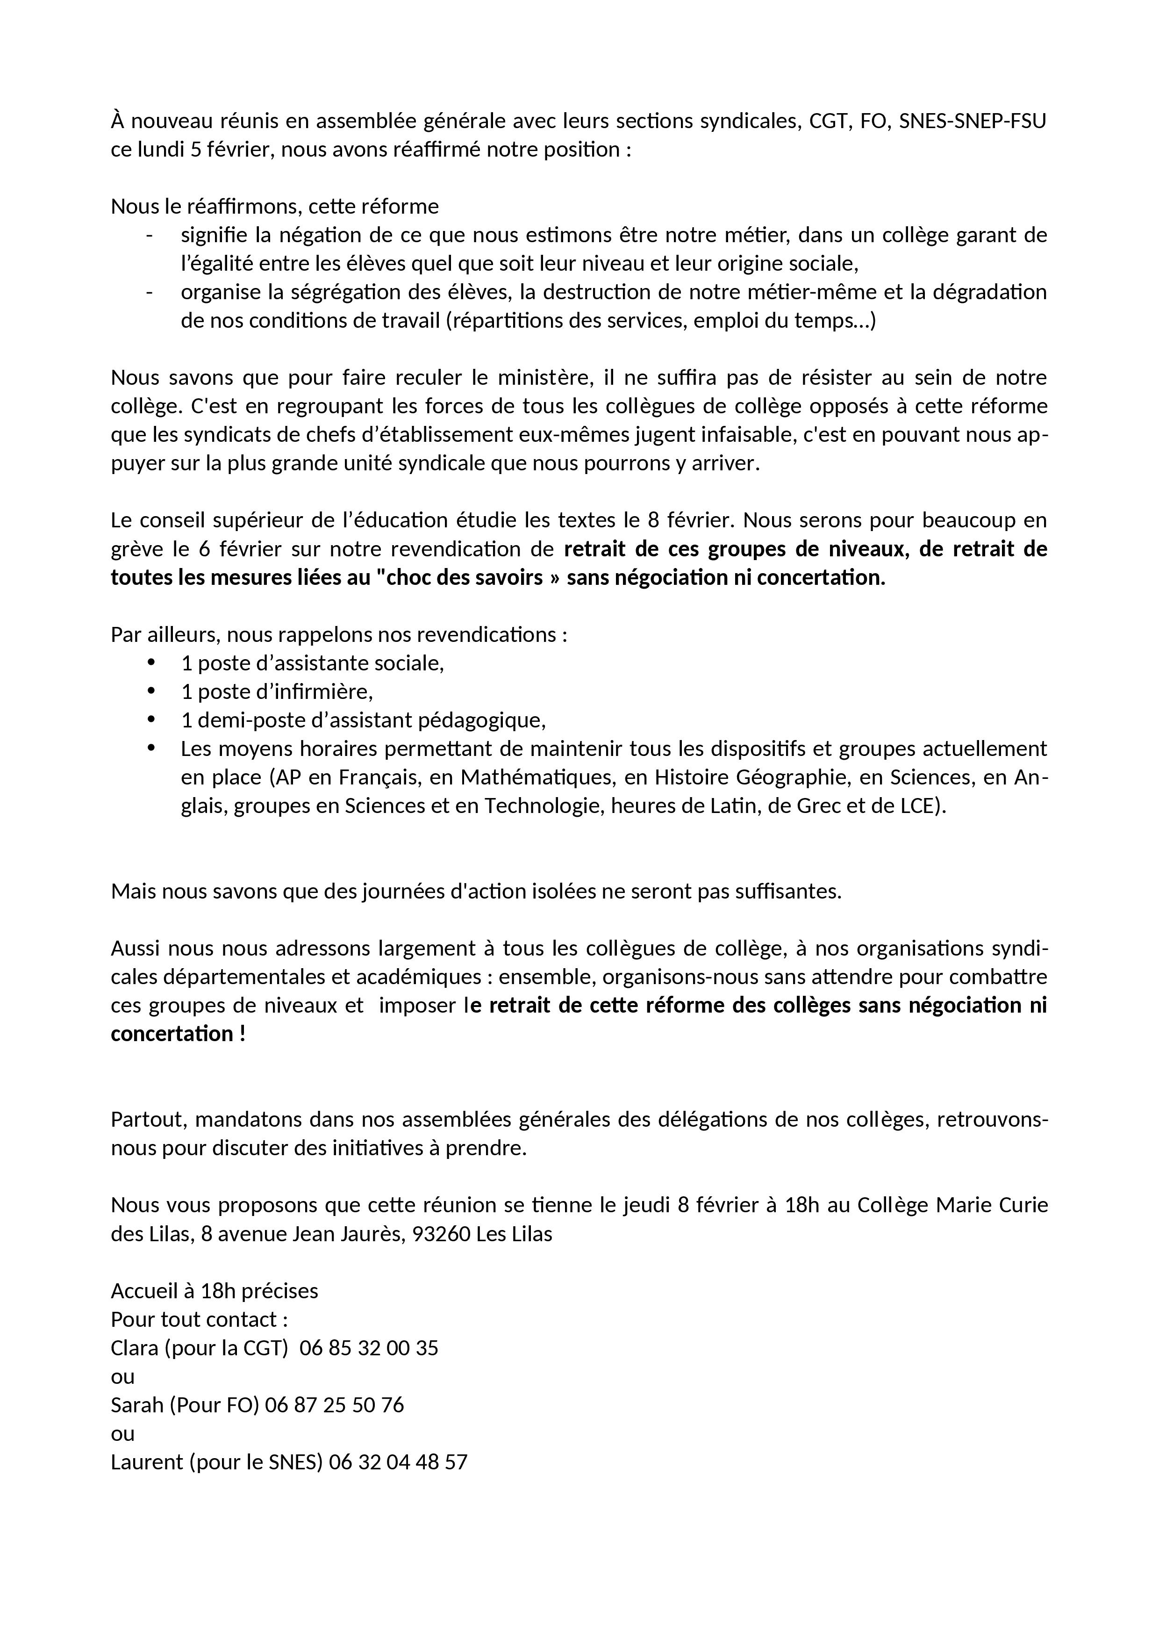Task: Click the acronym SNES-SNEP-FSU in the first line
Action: tap(972, 122)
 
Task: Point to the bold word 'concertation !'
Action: tap(178, 1034)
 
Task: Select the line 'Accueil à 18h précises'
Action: tap(214, 1291)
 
